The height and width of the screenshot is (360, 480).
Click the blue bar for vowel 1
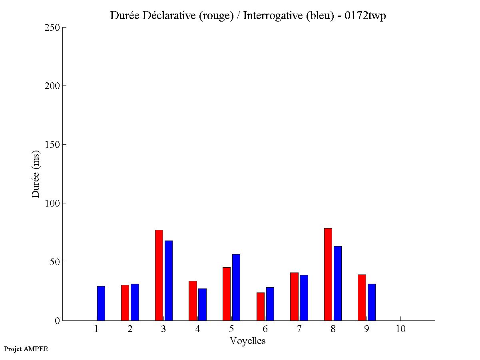[x=101, y=303]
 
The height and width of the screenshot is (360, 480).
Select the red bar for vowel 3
[x=159, y=275]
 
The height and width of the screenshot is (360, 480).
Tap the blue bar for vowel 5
[x=236, y=287]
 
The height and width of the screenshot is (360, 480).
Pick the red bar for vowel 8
[x=328, y=274]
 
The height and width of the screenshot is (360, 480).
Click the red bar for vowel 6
[x=261, y=306]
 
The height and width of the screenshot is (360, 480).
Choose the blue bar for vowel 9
[x=372, y=302]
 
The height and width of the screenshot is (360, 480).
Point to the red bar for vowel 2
[x=125, y=303]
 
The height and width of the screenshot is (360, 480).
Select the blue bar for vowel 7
[x=304, y=298]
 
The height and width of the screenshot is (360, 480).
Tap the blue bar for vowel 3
[x=169, y=280]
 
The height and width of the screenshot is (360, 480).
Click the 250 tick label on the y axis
[x=52, y=28]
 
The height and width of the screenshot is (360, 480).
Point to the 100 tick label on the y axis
[x=52, y=203]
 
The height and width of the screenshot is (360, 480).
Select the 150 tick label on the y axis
[x=52, y=145]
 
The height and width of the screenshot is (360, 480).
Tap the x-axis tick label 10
[x=400, y=329]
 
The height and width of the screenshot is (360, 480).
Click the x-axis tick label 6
[x=265, y=329]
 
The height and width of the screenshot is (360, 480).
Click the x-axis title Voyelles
[x=248, y=341]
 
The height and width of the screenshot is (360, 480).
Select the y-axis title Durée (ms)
[x=36, y=174]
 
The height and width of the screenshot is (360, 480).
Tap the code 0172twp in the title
[x=365, y=16]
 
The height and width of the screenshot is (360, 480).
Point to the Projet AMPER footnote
[x=26, y=349]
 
